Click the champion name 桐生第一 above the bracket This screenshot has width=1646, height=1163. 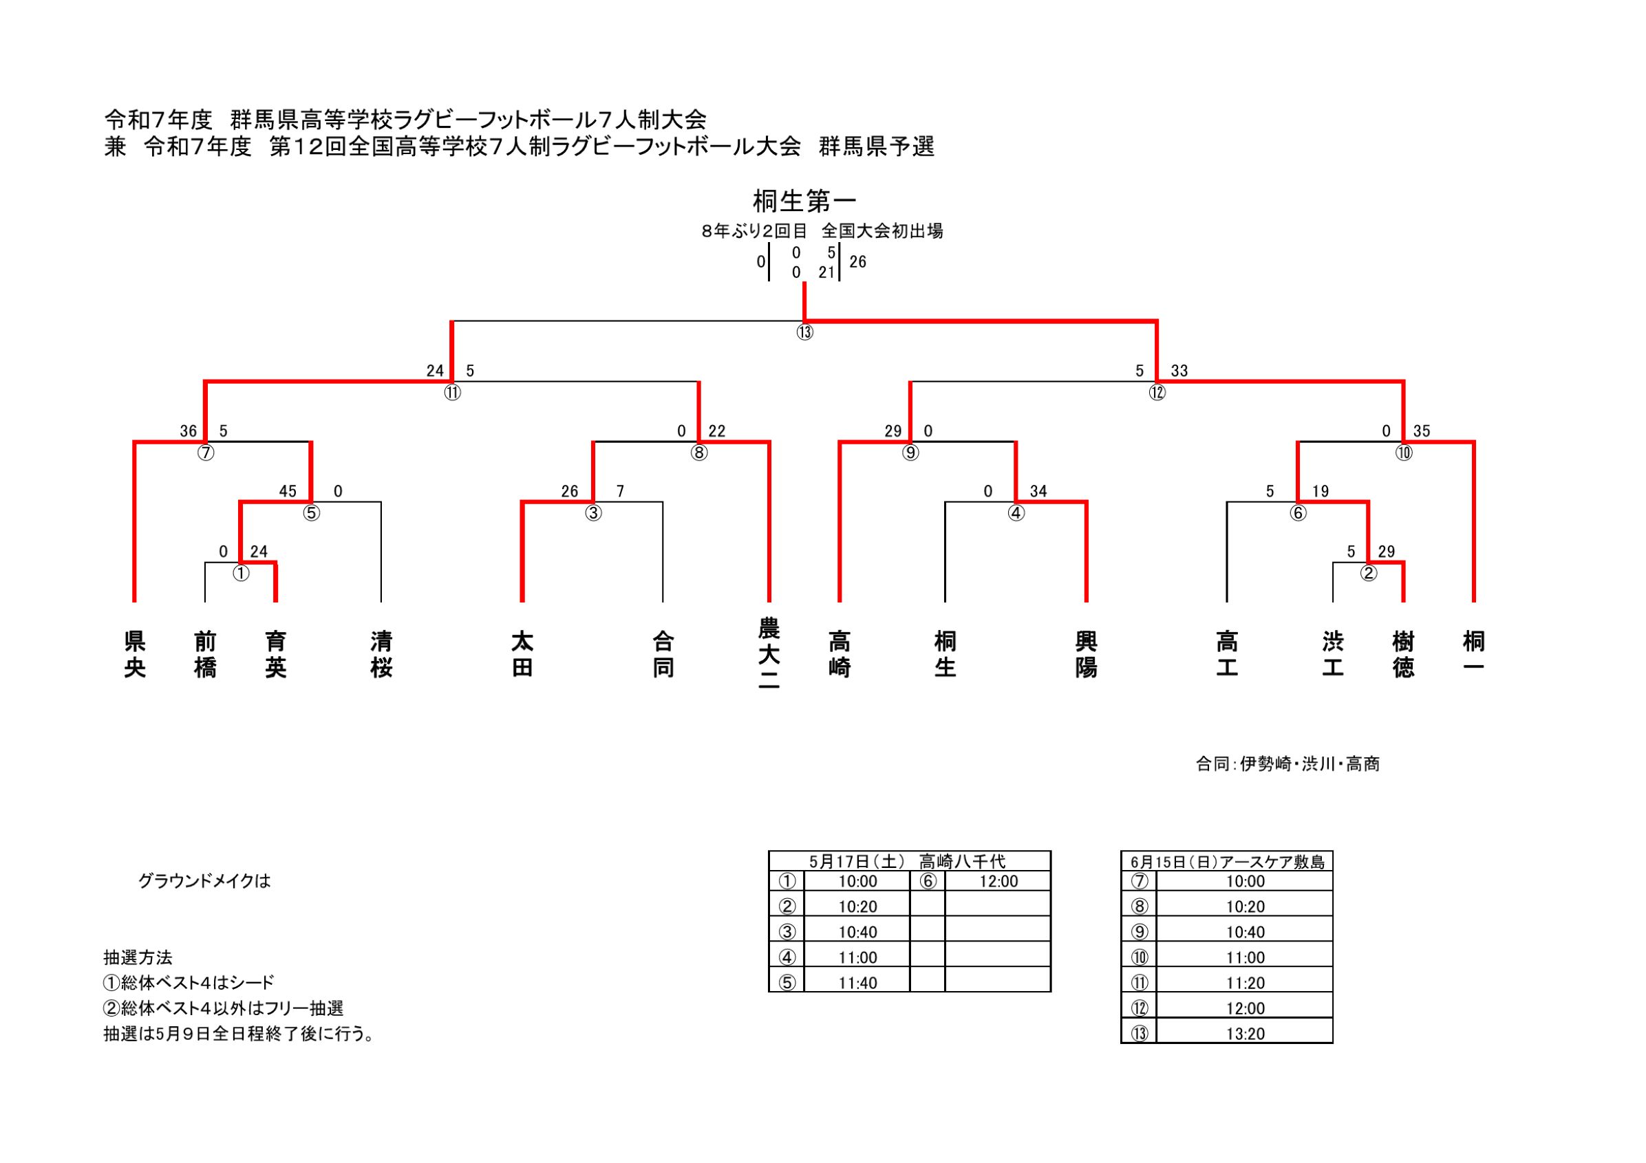click(804, 202)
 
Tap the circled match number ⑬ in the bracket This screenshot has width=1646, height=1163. click(804, 332)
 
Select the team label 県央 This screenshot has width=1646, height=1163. click(135, 653)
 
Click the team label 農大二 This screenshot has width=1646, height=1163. click(769, 654)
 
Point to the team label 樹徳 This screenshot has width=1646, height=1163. click(1403, 653)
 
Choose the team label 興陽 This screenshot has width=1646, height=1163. click(1086, 653)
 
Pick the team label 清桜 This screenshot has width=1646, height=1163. click(381, 653)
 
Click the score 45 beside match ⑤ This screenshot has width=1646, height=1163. click(288, 492)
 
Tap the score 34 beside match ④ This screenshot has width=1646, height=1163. click(1038, 492)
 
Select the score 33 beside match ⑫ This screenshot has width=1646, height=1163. click(1179, 371)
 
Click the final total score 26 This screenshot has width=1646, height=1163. click(857, 262)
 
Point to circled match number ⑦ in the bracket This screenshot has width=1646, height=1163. click(206, 453)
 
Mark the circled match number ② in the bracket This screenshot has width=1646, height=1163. click(1369, 574)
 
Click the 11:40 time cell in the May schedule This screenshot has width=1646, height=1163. click(857, 983)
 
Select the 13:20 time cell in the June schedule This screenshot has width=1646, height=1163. click(1246, 1034)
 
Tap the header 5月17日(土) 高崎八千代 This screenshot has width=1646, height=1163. click(909, 861)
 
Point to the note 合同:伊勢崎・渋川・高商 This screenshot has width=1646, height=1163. click(1287, 764)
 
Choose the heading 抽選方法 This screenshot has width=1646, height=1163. click(138, 957)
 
